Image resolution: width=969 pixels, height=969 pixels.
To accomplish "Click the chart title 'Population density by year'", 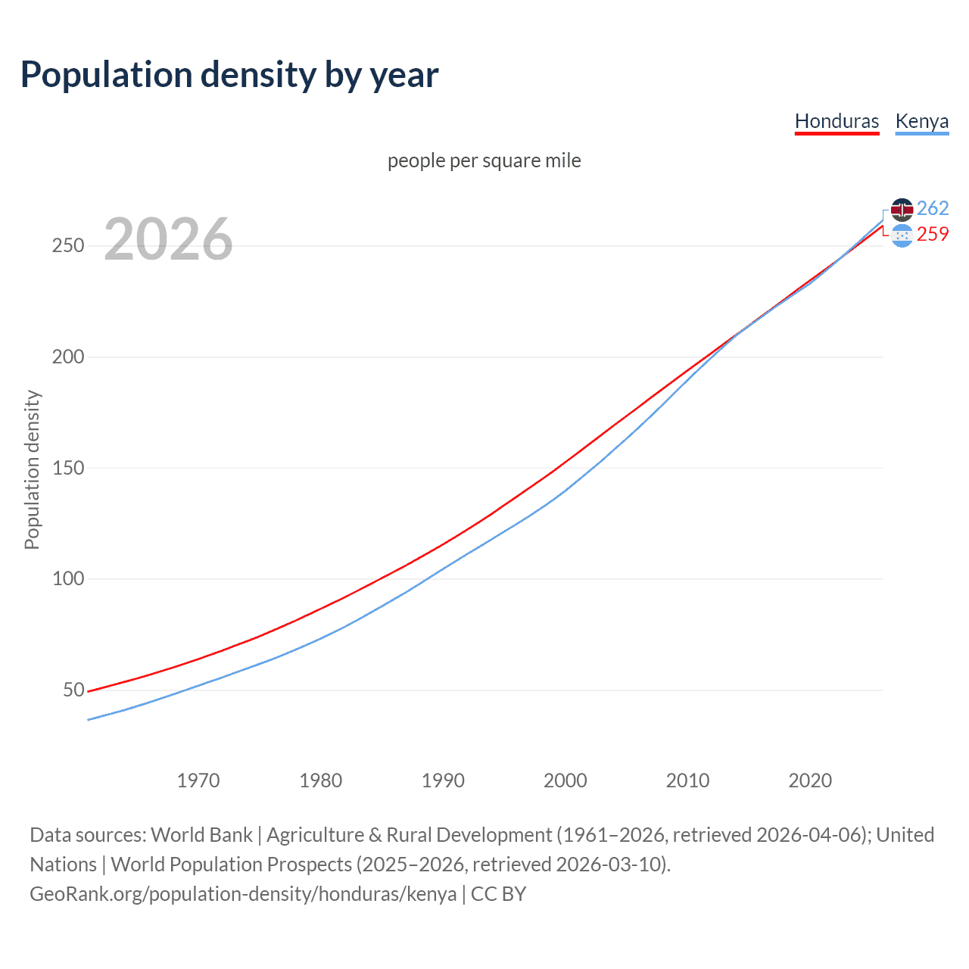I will (x=229, y=75).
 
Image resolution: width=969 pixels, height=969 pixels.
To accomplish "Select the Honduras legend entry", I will (x=837, y=121).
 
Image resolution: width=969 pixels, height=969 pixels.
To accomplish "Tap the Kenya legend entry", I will (x=921, y=121).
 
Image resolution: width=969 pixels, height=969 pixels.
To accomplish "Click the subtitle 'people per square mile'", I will (x=484, y=161).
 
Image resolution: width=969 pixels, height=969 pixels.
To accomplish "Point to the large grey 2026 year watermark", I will (x=168, y=239).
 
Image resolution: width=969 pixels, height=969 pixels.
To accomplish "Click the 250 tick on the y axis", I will (x=68, y=246).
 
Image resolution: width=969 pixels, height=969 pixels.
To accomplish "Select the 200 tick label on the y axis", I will (x=68, y=357).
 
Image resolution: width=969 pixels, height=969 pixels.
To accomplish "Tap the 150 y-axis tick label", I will (x=68, y=468).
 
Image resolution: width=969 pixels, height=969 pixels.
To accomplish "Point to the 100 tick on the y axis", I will (x=68, y=579).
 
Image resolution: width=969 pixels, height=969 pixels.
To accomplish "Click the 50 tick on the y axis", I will (x=73, y=690).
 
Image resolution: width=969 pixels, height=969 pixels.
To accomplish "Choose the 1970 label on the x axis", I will (x=198, y=780).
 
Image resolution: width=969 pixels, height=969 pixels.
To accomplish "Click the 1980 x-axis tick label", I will (x=321, y=780).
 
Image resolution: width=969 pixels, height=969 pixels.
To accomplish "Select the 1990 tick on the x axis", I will (x=443, y=780).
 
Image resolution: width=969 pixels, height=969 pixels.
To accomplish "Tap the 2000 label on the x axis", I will (x=566, y=780).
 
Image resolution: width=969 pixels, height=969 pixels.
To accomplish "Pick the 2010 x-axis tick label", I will (x=687, y=780).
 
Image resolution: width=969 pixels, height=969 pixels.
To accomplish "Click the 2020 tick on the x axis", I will (x=810, y=780).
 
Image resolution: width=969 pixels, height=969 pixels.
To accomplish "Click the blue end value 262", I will (x=933, y=208).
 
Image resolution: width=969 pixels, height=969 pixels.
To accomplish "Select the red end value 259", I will (x=933, y=235).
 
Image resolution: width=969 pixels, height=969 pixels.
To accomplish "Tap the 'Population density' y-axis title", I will (x=32, y=469).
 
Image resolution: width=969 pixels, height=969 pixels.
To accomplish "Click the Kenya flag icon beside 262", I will (x=902, y=210).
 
